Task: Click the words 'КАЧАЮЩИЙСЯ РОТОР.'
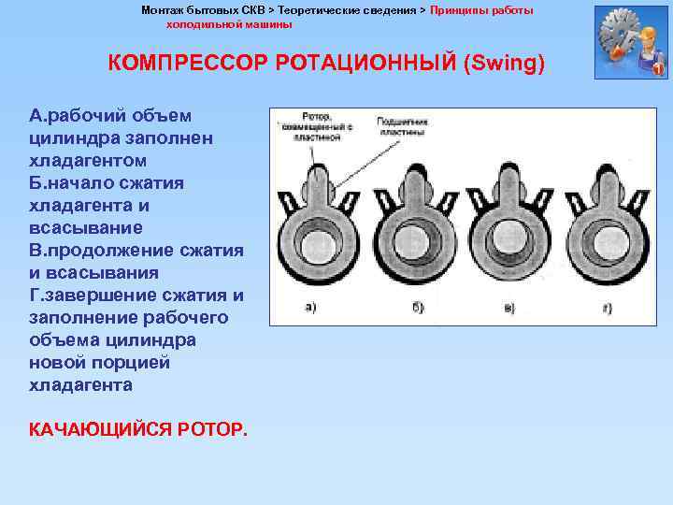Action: click(x=139, y=429)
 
